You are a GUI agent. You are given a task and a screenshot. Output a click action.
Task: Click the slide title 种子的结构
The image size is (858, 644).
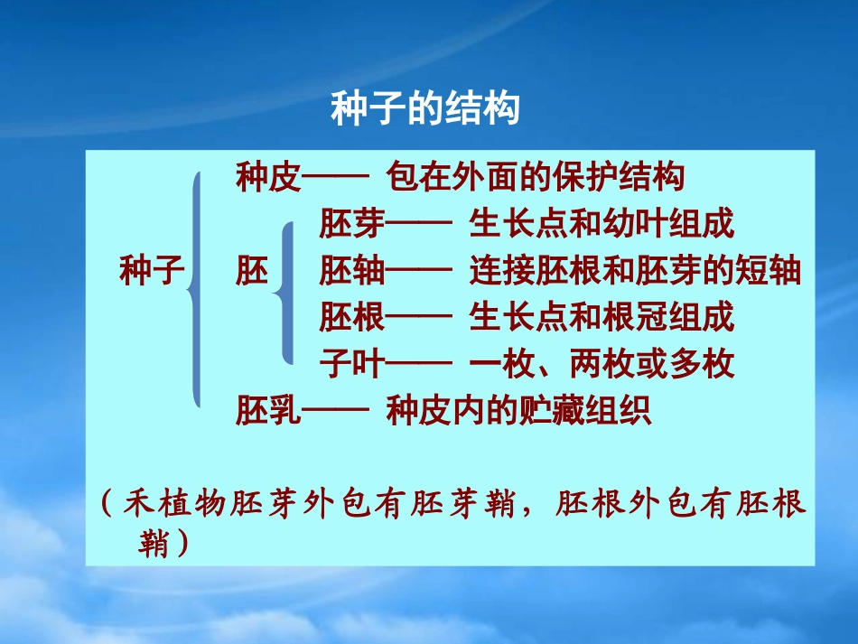pyautogui.click(x=425, y=109)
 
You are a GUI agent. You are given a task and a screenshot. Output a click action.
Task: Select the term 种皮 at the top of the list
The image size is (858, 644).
pyautogui.click(x=267, y=177)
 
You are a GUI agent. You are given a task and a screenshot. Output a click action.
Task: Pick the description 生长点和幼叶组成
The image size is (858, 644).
pyautogui.click(x=602, y=224)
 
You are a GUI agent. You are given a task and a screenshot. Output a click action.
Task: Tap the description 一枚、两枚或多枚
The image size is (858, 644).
pyautogui.click(x=602, y=365)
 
